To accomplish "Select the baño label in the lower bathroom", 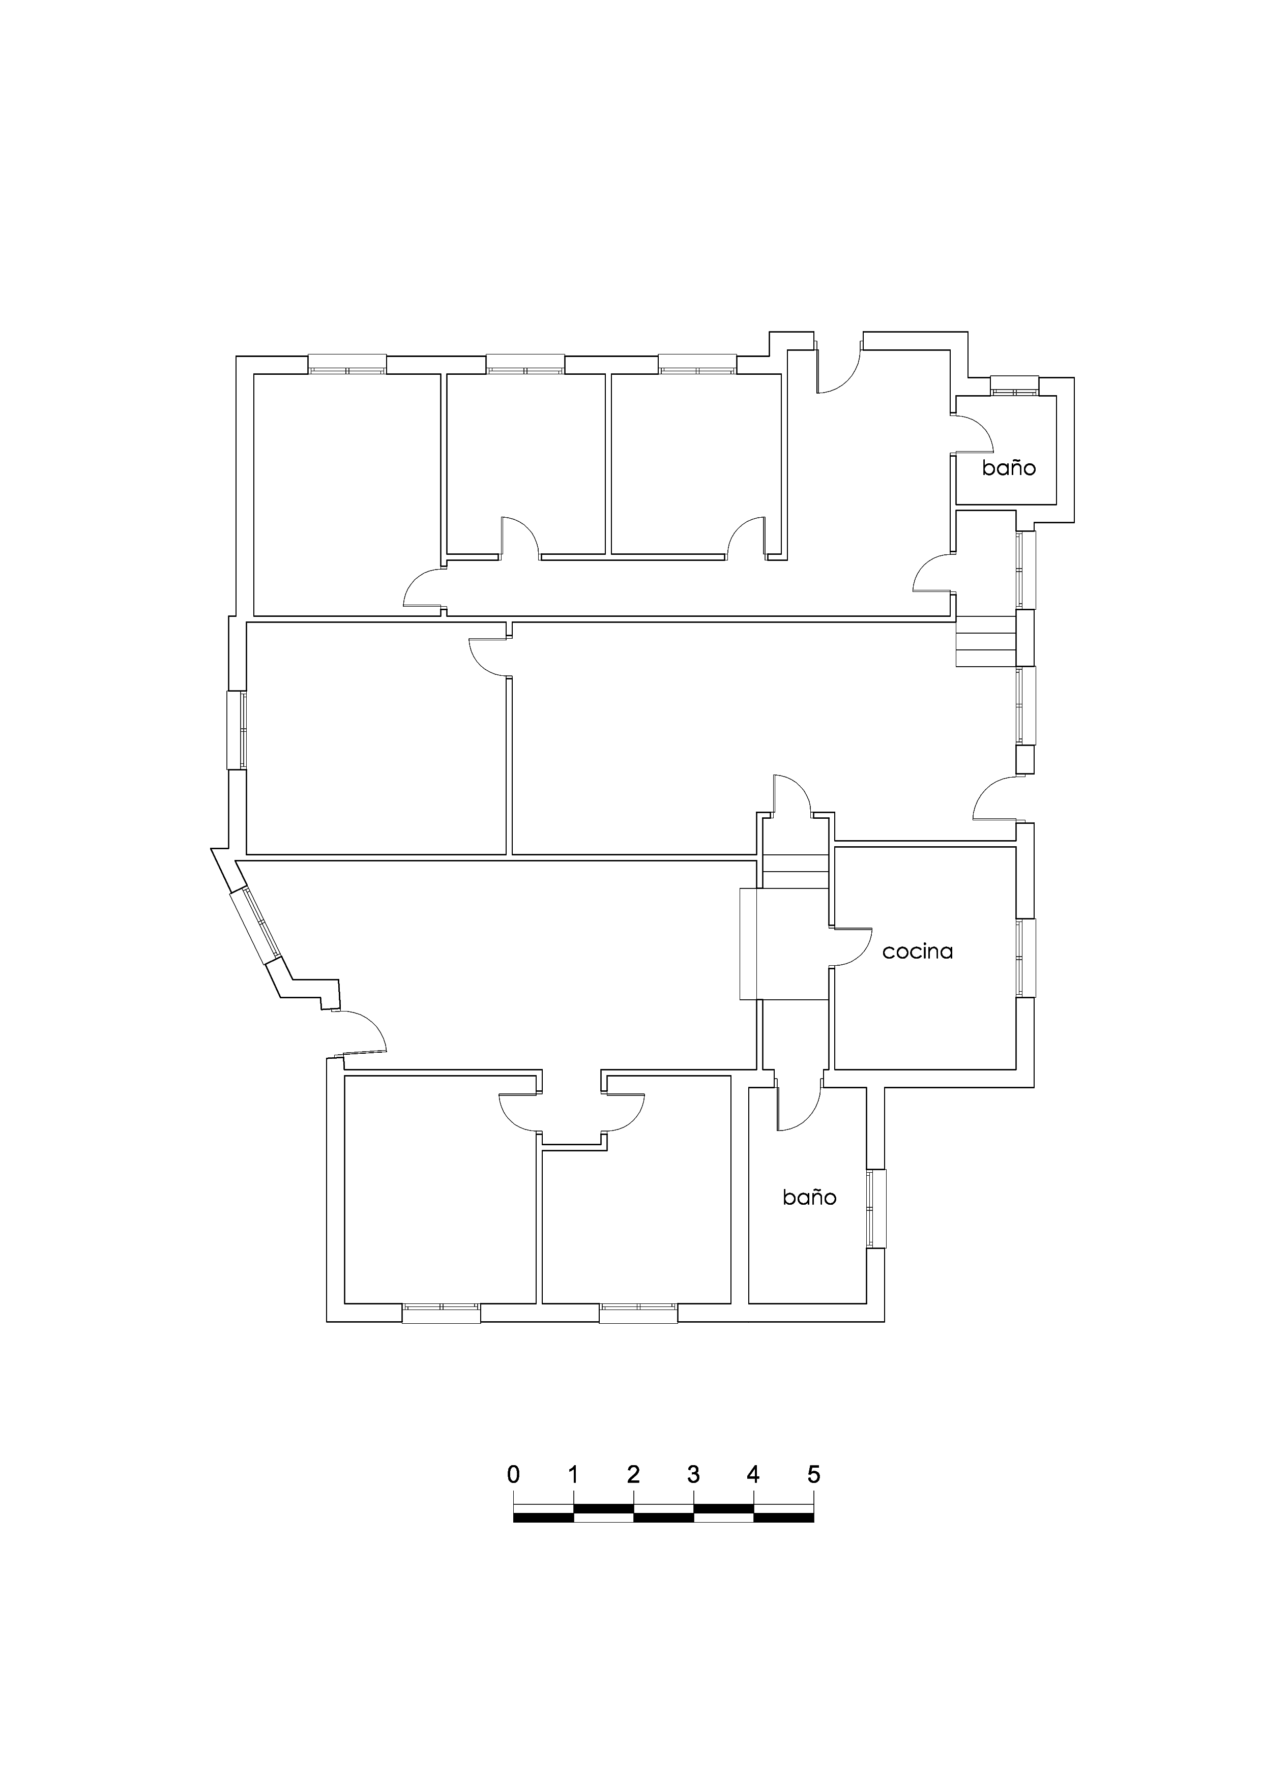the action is click(x=809, y=1197).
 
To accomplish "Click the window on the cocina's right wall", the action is click(x=1025, y=958).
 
